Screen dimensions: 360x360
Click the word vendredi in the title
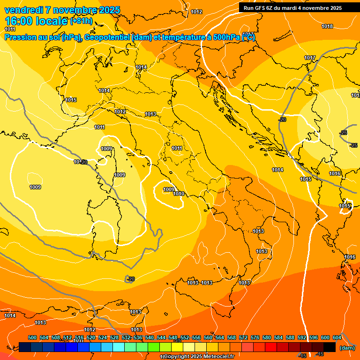(x=23, y=10)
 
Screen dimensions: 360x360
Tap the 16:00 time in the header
(x=19, y=21)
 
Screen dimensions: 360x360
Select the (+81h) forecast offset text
(x=81, y=21)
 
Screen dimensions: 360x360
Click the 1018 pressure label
(x=327, y=26)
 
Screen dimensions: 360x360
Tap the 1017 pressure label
(x=310, y=58)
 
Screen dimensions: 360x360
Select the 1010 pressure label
(x=179, y=194)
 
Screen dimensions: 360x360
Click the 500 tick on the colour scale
(x=32, y=337)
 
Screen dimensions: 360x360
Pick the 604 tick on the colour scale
(x=337, y=337)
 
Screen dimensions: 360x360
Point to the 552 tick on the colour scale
(x=185, y=337)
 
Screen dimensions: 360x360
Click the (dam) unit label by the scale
(x=347, y=348)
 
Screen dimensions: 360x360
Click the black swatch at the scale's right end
(x=330, y=347)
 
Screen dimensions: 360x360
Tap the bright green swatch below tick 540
(x=154, y=347)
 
